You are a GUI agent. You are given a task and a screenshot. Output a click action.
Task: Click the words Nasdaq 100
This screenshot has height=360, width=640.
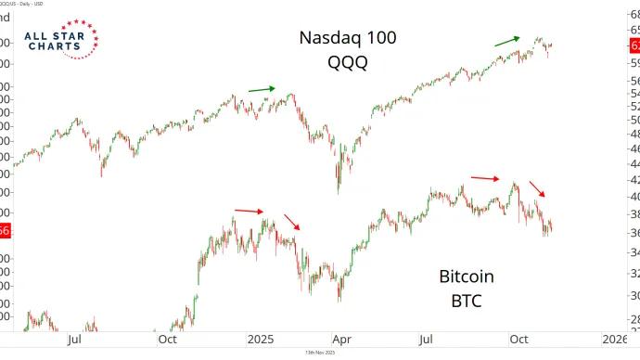(346, 38)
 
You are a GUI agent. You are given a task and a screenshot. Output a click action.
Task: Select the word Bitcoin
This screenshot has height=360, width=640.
(466, 276)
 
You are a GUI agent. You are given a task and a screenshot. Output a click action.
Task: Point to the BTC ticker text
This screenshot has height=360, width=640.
(466, 301)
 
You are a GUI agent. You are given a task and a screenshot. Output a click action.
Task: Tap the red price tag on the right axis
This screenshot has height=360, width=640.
(634, 45)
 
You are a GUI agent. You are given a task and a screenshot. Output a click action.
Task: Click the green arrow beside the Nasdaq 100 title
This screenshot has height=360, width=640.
(506, 40)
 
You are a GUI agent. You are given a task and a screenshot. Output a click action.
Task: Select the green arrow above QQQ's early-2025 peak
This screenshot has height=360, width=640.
(262, 89)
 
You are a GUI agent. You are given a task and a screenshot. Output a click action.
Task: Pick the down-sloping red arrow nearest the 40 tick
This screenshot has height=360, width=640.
(538, 188)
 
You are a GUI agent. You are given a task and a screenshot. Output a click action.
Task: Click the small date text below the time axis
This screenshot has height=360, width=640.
(319, 354)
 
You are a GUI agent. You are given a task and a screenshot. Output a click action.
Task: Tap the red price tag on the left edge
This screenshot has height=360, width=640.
(5, 257)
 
